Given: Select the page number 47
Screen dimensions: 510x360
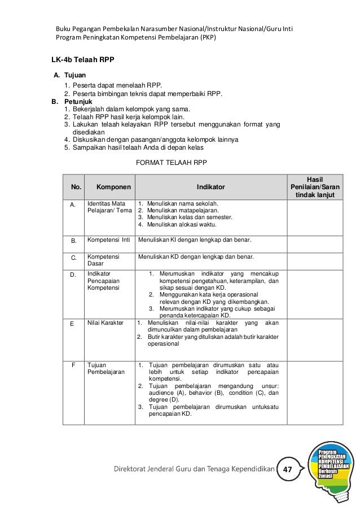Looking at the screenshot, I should [288, 470].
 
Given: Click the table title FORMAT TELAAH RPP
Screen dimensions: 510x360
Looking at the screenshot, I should [172, 163].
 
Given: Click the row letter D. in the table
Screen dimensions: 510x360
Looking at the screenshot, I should [73, 274].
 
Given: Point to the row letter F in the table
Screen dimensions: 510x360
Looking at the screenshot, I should [73, 365].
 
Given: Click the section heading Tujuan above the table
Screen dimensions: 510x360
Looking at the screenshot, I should [75, 75].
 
